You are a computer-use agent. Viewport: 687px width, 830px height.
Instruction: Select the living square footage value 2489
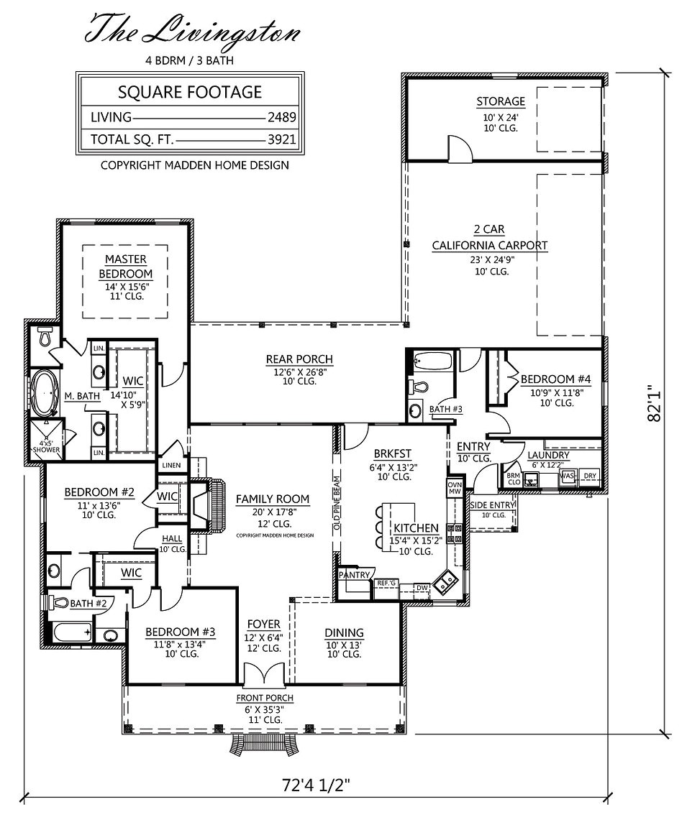tap(282, 117)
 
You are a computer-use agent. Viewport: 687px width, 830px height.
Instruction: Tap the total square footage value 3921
tap(282, 139)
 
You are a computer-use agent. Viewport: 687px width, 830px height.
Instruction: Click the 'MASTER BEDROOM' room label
tap(125, 266)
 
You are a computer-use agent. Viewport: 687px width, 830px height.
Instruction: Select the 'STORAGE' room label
tap(500, 101)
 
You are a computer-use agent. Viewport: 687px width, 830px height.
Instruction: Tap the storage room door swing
tap(458, 148)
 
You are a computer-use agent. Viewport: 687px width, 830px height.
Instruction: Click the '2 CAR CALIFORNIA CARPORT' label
tap(489, 238)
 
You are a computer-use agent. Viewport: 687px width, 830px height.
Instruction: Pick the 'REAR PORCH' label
tap(299, 359)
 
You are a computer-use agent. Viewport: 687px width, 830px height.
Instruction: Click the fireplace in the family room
tap(204, 507)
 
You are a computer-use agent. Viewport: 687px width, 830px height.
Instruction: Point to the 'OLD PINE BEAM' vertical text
tap(336, 503)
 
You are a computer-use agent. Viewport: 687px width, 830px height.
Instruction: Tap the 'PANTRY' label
tap(355, 575)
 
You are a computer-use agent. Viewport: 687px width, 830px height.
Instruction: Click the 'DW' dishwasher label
tap(422, 588)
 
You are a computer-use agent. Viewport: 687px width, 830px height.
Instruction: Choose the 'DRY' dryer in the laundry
tap(589, 476)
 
